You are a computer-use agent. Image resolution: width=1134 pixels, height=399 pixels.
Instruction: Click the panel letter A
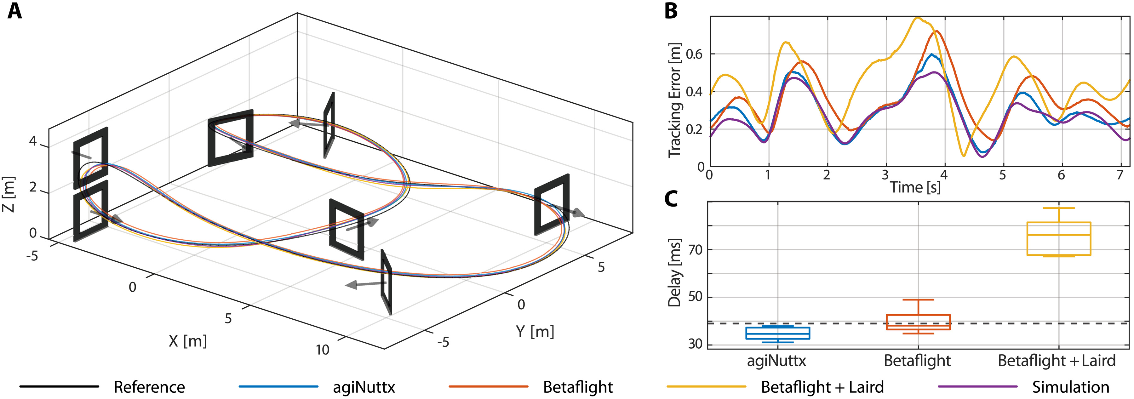coord(14,11)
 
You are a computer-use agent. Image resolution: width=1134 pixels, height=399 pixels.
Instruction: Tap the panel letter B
coord(671,11)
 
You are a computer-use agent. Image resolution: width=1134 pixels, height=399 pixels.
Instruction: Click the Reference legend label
coord(149,387)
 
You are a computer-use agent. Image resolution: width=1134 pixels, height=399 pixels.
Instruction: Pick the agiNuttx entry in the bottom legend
coord(364,387)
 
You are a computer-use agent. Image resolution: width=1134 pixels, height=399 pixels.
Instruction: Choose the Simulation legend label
coord(1071,387)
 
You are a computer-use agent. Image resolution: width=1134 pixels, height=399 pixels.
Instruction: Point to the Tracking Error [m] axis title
coord(674,100)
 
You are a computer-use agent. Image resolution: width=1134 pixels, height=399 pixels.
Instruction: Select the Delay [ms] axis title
coord(674,273)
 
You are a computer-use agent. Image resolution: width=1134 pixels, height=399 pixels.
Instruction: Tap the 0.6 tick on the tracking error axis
coord(694,54)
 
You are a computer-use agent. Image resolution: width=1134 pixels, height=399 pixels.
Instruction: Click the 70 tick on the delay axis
coord(696,250)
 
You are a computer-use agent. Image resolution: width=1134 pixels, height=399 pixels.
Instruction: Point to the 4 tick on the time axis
coord(944,175)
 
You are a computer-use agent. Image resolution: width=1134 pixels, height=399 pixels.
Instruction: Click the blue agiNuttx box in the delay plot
coord(778,333)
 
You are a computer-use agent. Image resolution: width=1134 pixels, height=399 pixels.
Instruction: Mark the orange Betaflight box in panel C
coord(918,322)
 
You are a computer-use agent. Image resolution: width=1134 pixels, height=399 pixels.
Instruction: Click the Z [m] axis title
coord(9,194)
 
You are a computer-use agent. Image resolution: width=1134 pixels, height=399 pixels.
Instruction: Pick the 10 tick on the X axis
coord(322,350)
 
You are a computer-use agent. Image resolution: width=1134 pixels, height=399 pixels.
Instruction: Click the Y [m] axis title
coord(535,331)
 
